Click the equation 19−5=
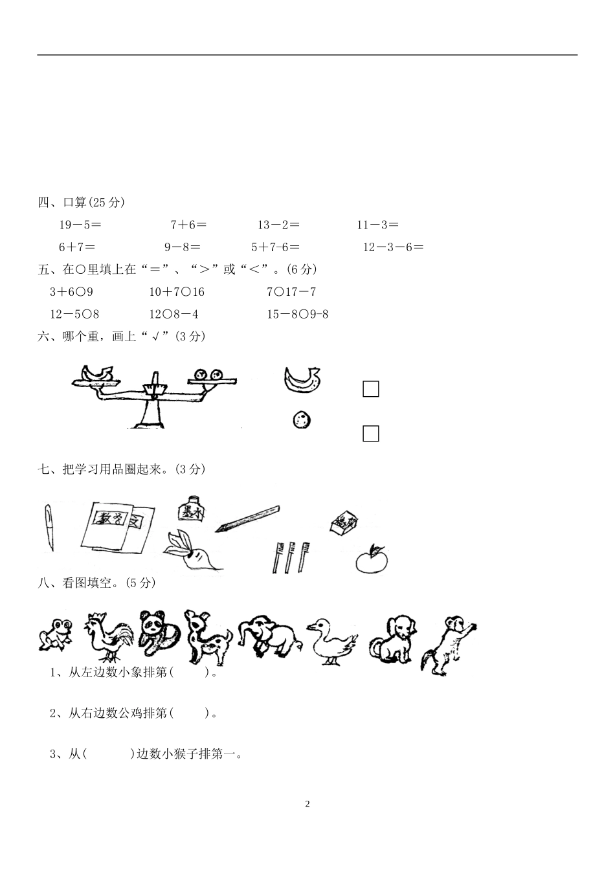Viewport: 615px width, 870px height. pos(80,225)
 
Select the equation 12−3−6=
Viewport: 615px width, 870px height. pos(393,247)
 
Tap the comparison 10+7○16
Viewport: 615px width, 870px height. pos(177,292)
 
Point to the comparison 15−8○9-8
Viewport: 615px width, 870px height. pos(298,315)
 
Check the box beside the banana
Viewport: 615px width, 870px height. pos(370,389)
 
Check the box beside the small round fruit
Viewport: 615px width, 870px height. pos(370,434)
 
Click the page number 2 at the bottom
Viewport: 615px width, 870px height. pos(307,804)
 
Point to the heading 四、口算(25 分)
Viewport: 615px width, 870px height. pos(81,203)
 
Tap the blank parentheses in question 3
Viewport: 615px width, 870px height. pos(108,753)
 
